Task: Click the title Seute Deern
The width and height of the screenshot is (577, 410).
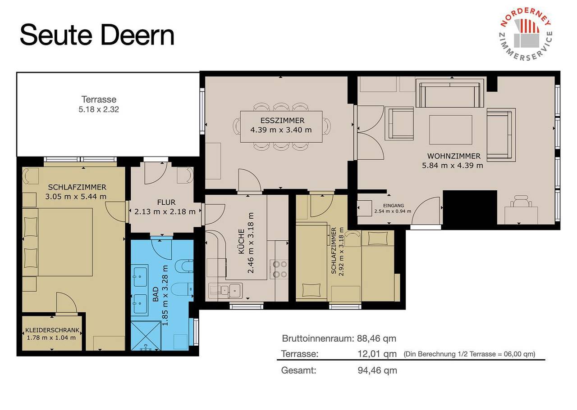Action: (97, 35)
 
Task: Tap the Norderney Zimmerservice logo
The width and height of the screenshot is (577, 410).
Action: (526, 34)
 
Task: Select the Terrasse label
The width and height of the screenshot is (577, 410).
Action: (99, 99)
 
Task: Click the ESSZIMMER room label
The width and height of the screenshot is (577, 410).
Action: (282, 120)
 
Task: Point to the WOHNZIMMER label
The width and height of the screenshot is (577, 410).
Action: (454, 156)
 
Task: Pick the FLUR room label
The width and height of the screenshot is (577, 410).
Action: (166, 202)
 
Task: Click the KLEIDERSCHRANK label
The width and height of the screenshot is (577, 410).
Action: (52, 330)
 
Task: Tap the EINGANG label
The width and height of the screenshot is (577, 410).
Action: (394, 206)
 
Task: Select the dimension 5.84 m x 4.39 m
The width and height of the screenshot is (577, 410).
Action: (452, 165)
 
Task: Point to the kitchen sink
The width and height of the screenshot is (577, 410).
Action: (225, 291)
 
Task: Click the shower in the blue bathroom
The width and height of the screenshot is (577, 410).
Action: (146, 335)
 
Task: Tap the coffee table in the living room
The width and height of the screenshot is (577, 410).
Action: (450, 130)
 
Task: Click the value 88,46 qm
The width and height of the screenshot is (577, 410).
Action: (376, 338)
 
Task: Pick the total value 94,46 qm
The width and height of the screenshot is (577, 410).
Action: (377, 370)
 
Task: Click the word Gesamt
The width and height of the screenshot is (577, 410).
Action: (298, 370)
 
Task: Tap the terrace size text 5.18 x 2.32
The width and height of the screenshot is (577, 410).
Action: (99, 109)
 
